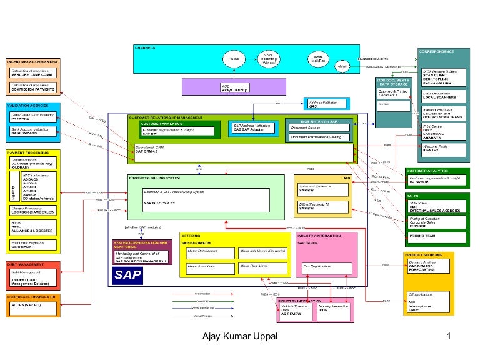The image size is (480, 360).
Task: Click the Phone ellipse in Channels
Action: point(233,59)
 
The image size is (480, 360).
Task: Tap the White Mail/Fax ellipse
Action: point(318,59)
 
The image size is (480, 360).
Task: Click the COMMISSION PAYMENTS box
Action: point(32,88)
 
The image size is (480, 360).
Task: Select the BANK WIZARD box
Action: point(32,131)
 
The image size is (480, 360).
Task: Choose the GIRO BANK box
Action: point(32,246)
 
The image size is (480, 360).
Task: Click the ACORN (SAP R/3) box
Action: point(32,306)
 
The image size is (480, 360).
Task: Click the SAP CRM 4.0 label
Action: point(147,152)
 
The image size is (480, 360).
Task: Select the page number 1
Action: point(449,338)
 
